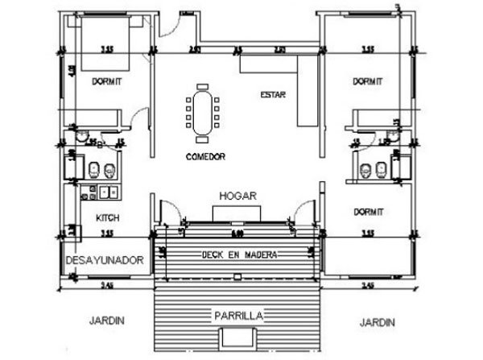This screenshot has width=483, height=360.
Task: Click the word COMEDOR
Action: (x=204, y=155)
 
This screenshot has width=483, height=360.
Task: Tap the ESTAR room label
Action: (x=274, y=95)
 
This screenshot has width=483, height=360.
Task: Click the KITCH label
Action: (x=108, y=217)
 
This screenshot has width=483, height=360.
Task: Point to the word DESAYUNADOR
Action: (x=104, y=261)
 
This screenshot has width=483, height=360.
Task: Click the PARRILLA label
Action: (x=237, y=314)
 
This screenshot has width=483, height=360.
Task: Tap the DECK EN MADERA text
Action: (x=239, y=254)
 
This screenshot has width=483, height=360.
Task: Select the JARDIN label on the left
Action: (x=106, y=321)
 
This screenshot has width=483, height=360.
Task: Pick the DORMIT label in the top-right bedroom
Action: (x=367, y=81)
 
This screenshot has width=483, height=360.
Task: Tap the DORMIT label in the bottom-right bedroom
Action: (x=367, y=211)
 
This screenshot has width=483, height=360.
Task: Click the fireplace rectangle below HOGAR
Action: (x=237, y=211)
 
